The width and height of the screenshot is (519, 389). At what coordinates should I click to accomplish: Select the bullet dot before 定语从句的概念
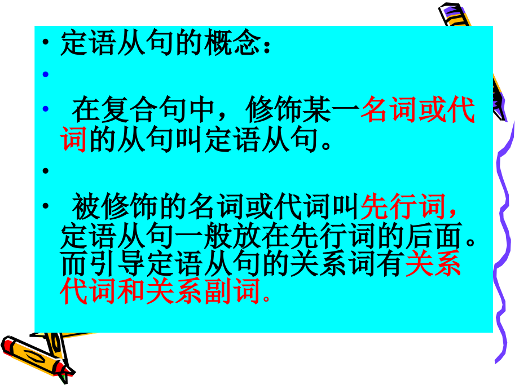[46, 46]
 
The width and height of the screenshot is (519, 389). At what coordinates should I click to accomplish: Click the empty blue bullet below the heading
[46, 74]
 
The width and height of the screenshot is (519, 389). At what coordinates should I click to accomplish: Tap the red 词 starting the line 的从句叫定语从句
[74, 140]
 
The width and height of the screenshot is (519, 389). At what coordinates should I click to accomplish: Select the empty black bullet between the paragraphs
[46, 170]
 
